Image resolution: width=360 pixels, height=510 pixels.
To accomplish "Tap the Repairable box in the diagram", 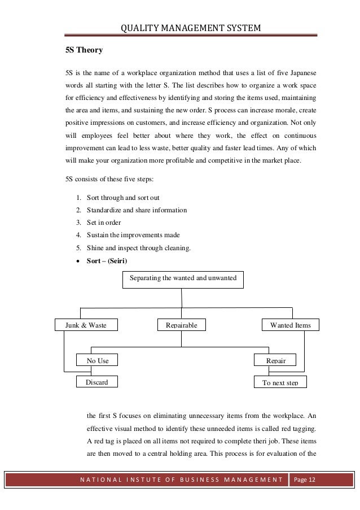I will tap(181, 325).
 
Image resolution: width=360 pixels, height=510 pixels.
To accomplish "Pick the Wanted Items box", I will tap(291, 325).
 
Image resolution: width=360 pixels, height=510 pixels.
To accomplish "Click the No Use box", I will tap(97, 360).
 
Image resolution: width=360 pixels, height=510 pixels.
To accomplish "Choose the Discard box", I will tap(96, 382).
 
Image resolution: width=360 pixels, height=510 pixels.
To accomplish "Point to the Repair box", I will tap(276, 360).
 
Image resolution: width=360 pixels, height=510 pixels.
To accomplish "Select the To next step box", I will tap(280, 382).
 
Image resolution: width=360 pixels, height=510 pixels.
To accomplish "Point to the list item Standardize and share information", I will tap(137, 210).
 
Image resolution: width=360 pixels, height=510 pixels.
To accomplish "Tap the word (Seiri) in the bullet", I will tap(116, 260).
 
